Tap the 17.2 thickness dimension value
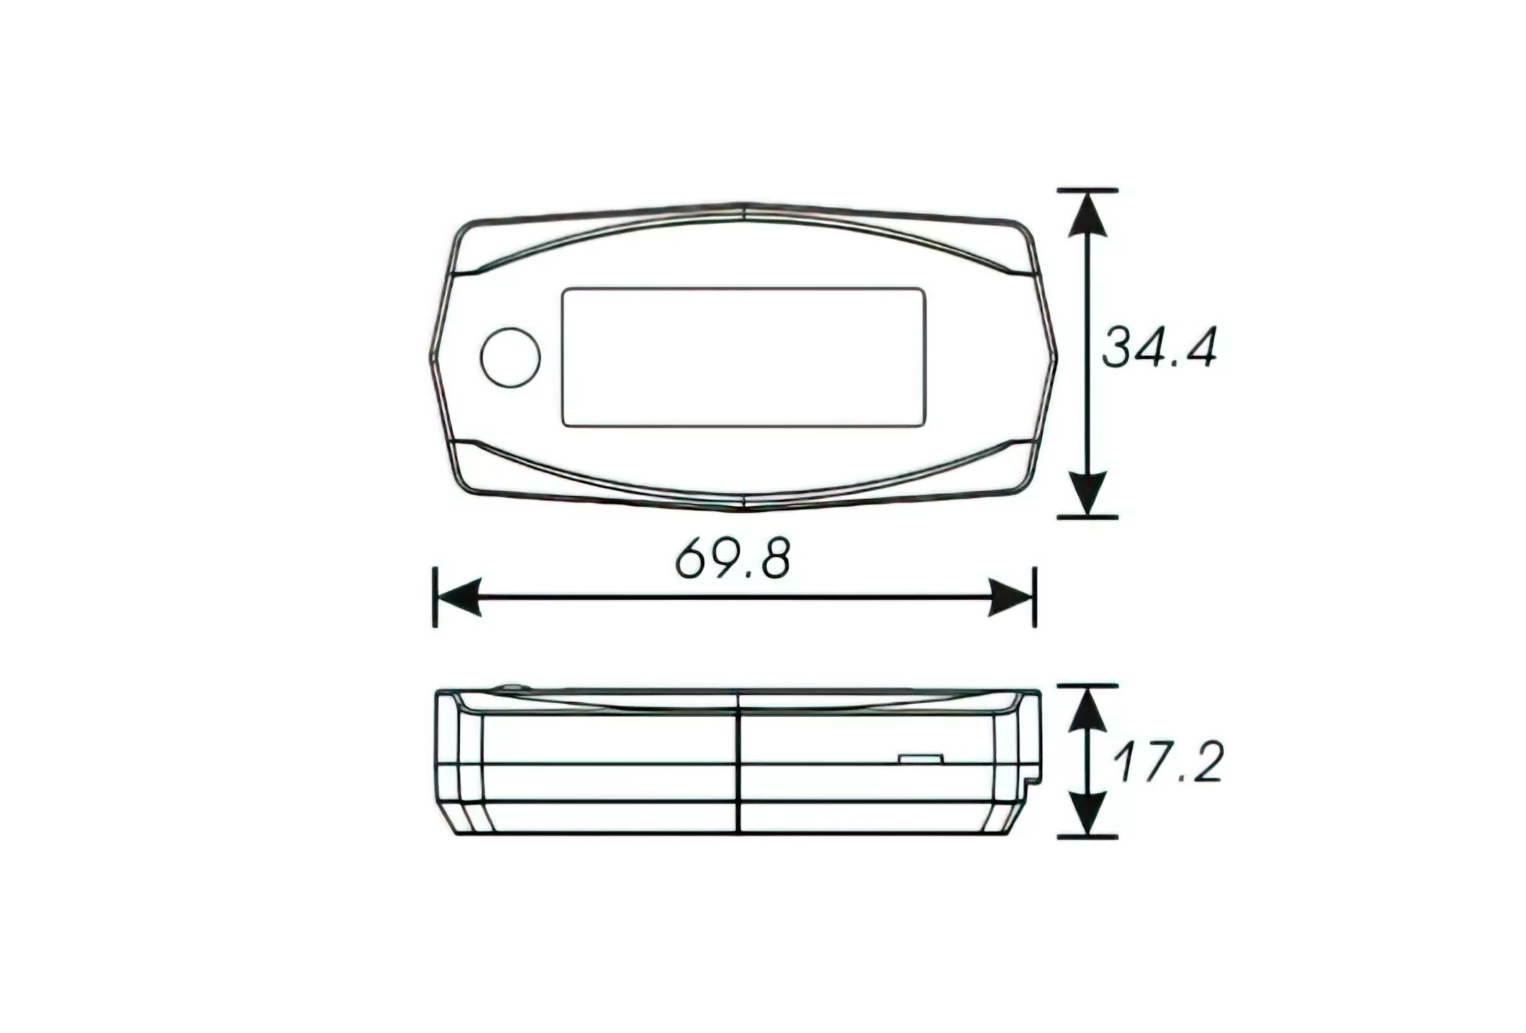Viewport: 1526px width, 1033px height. [x=1167, y=762]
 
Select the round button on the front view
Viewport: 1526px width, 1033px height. [x=510, y=357]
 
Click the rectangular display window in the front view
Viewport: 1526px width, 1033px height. [x=743, y=357]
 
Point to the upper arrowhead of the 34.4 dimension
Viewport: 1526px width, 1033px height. [x=1087, y=215]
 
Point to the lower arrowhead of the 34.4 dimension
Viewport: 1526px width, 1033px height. [x=1087, y=492]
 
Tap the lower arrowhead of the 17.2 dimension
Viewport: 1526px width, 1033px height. [x=1087, y=814]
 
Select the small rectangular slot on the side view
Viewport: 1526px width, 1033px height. [x=920, y=759]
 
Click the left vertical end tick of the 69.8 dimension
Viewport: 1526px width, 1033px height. [x=434, y=597]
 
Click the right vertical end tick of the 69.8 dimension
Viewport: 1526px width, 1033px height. [x=1035, y=597]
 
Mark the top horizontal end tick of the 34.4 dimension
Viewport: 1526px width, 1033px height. [x=1087, y=189]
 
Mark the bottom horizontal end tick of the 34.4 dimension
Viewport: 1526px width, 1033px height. [x=1087, y=516]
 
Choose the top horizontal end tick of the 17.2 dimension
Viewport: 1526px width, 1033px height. [x=1087, y=686]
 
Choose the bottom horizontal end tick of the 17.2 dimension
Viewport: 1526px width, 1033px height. [x=1087, y=837]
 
